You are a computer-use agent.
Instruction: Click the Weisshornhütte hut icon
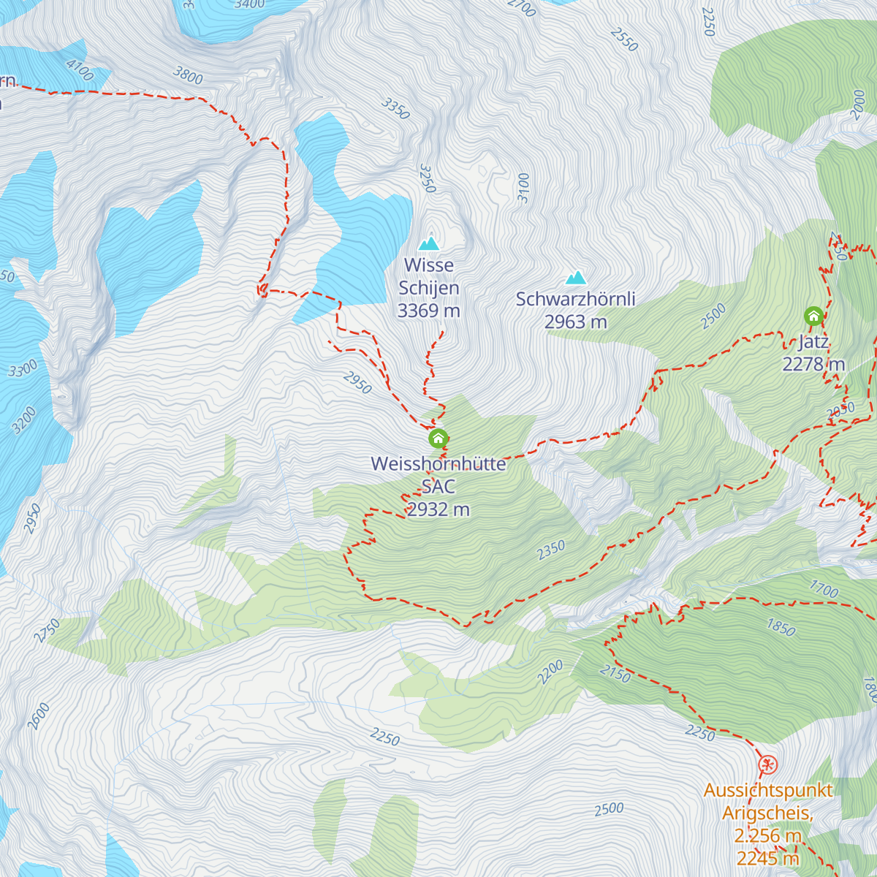tap(438, 438)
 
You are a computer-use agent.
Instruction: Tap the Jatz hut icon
tap(813, 316)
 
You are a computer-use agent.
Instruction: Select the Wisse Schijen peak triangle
tap(429, 243)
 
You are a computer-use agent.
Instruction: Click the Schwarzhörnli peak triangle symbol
tap(576, 278)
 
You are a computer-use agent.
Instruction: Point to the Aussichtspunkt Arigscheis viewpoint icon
tap(767, 764)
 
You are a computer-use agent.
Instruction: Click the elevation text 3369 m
tap(428, 311)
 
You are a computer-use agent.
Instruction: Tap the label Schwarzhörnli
tap(575, 299)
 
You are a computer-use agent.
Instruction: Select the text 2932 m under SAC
tap(438, 509)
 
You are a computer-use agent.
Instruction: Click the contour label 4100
tap(79, 70)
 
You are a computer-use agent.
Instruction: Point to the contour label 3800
tap(188, 75)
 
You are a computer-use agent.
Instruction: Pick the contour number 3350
tap(395, 109)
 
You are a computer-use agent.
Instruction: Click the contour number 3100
tap(523, 188)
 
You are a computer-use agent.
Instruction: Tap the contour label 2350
tap(551, 550)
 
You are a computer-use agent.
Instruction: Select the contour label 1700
tap(824, 588)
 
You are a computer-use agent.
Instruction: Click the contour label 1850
tap(781, 626)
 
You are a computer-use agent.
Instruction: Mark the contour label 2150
tap(615, 674)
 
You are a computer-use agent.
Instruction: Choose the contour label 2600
tap(39, 715)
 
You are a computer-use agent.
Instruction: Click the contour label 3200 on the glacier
tap(24, 420)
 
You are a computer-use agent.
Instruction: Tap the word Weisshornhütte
tap(438, 464)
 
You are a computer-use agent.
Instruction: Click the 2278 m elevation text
tap(813, 364)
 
